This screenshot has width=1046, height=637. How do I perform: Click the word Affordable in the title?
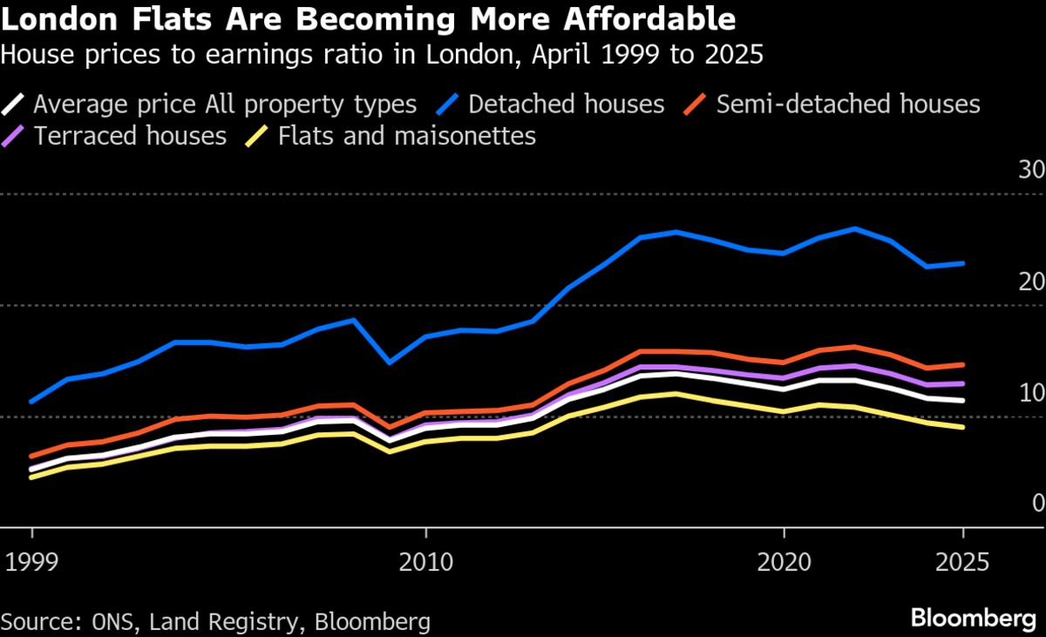649,18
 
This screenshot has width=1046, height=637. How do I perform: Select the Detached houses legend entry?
566,105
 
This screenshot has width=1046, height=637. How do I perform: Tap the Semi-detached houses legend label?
848,105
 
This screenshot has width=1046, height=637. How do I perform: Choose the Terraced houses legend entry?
130,136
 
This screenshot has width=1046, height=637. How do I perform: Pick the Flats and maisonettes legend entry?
406,136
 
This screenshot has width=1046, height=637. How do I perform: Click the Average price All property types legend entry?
225,105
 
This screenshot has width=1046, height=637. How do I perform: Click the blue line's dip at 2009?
390,362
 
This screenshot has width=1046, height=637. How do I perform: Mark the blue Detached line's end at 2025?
963,262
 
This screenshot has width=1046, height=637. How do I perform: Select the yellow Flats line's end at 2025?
963,427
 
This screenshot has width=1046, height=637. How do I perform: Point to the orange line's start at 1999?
32,456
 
